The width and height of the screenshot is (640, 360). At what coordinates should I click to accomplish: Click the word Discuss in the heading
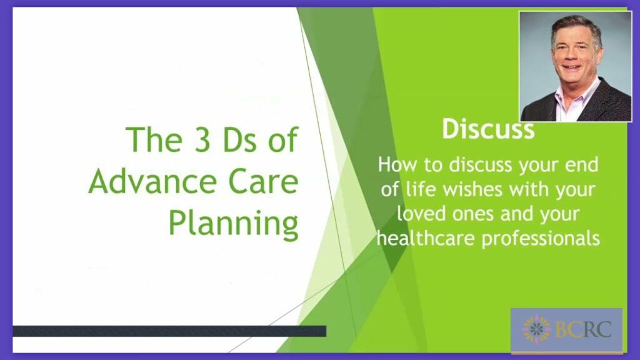(x=488, y=129)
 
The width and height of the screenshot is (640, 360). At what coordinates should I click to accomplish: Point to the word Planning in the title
(x=234, y=225)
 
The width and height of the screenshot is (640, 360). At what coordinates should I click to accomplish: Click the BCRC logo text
(x=583, y=329)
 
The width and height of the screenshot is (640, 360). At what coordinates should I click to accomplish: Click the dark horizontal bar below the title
(x=169, y=331)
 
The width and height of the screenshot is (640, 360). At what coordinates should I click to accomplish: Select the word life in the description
(x=421, y=189)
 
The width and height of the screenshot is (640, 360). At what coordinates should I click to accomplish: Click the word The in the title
(x=154, y=139)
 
